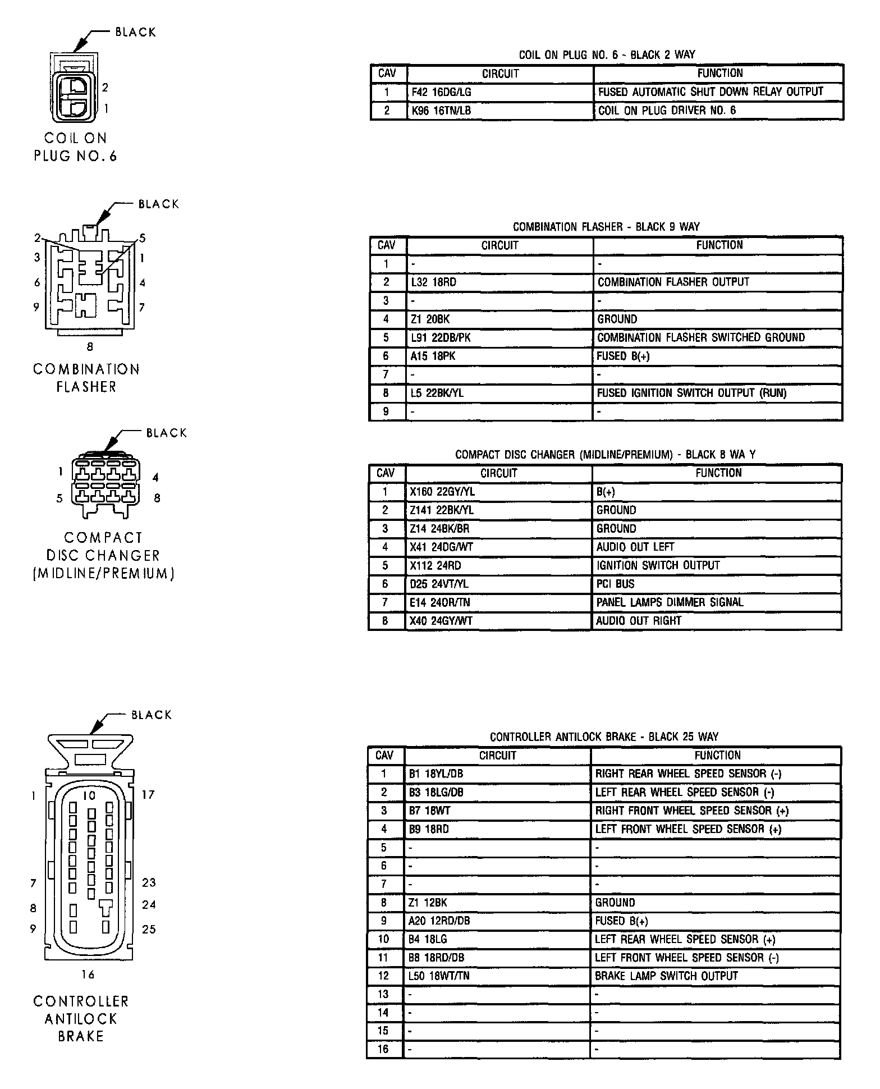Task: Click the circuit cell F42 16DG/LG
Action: click(500, 92)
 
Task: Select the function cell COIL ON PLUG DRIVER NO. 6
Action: click(718, 111)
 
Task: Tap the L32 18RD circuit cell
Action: click(499, 282)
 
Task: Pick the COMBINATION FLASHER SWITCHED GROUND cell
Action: click(717, 338)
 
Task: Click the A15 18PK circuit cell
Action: click(499, 356)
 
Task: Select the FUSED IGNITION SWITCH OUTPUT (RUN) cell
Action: click(717, 393)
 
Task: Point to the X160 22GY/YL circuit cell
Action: click(498, 492)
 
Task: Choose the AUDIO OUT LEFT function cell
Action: click(717, 547)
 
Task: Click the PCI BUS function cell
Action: click(717, 584)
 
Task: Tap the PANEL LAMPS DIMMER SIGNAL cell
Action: click(717, 603)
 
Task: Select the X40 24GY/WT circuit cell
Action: click(498, 621)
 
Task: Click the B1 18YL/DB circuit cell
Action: click(497, 774)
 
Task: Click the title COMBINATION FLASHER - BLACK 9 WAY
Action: click(606, 227)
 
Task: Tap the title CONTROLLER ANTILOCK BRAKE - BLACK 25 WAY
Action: click(604, 737)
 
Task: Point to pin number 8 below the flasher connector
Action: click(90, 347)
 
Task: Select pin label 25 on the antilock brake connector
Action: click(149, 930)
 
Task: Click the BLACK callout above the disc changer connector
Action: click(166, 433)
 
